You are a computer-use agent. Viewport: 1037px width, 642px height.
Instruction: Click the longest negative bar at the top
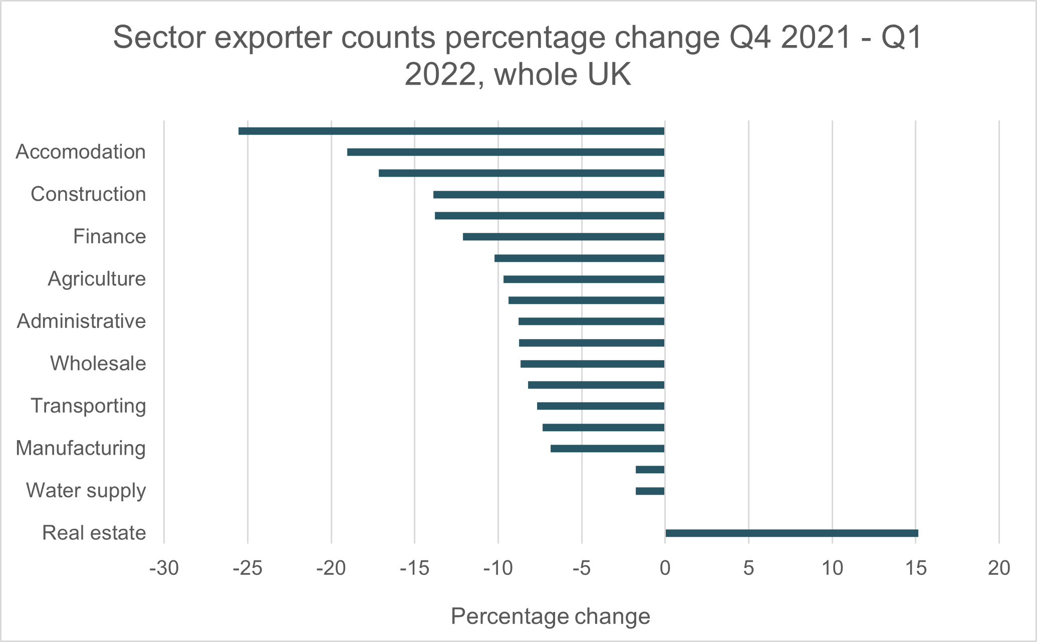point(451,131)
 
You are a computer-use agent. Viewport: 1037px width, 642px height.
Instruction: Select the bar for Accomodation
point(505,152)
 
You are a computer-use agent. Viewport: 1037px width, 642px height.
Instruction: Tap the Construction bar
point(549,194)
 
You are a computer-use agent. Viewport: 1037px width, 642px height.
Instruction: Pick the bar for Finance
point(564,237)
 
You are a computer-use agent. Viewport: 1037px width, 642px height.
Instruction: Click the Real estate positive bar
point(792,533)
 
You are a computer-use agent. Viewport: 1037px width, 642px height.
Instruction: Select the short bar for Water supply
point(650,491)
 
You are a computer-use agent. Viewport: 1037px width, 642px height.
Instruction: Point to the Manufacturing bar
point(607,448)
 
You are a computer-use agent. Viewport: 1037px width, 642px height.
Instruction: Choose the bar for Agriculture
point(584,279)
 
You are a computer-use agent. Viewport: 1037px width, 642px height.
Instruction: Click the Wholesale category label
point(98,364)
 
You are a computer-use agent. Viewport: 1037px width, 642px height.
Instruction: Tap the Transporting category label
point(88,406)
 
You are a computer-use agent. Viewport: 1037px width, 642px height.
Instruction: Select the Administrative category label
point(81,321)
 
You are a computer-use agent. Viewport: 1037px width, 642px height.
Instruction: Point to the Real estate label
point(94,533)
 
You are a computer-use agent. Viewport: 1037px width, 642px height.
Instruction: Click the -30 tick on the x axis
point(164,568)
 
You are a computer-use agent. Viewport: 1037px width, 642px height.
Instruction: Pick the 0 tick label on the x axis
point(665,568)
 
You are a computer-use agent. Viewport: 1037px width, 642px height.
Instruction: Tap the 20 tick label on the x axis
point(999,568)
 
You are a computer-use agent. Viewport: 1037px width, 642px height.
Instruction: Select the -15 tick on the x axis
point(415,568)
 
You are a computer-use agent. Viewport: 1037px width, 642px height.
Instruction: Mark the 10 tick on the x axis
point(832,568)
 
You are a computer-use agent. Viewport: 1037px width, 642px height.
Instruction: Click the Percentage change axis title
point(550,616)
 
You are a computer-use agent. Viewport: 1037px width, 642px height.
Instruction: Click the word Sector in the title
point(160,38)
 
